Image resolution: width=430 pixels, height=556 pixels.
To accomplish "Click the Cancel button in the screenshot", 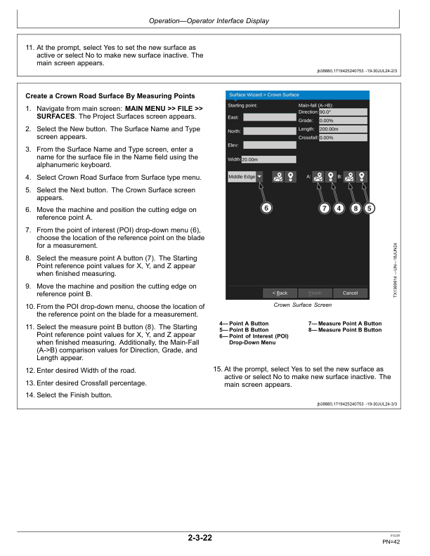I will point(350,293).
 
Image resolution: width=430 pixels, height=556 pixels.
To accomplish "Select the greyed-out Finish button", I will point(315,293).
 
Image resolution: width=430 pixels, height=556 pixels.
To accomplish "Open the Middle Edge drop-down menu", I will point(245,177).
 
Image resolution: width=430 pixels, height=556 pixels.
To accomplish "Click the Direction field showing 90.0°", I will point(342,112).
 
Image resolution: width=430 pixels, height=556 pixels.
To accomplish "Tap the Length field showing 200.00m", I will point(342,129).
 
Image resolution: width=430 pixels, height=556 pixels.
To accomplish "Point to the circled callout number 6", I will point(266,207).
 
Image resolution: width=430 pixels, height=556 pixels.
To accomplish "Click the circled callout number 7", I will point(324,207).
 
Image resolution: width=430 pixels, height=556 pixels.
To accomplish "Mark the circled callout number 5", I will point(370,207).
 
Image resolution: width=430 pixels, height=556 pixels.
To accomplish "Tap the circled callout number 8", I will point(356,207).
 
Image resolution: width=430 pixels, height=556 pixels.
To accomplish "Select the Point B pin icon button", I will point(361,177).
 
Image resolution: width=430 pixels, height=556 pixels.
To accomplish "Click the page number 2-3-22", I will point(200,538).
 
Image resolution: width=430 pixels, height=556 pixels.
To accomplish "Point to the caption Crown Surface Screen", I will point(301,305).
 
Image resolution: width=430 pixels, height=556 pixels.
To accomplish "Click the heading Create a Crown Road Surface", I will point(110,96).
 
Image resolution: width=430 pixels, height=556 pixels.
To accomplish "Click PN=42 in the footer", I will point(391,541).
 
